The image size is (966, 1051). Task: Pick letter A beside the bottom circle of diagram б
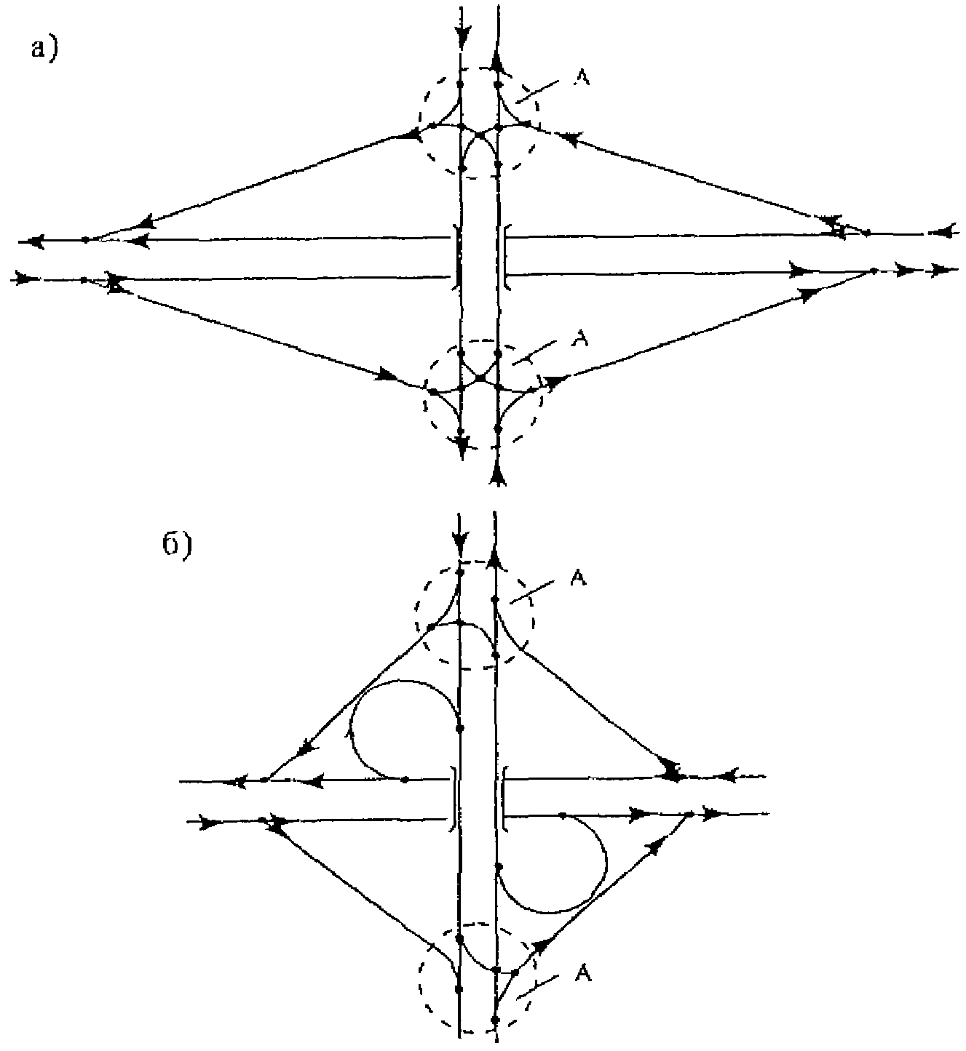click(584, 973)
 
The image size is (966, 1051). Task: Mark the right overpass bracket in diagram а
click(504, 256)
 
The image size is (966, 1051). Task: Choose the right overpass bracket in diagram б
click(504, 798)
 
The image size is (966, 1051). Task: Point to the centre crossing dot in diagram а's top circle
click(480, 136)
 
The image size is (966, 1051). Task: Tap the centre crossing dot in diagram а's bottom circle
click(480, 378)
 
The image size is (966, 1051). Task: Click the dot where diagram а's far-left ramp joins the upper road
click(86, 239)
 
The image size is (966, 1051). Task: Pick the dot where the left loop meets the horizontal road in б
click(405, 780)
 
